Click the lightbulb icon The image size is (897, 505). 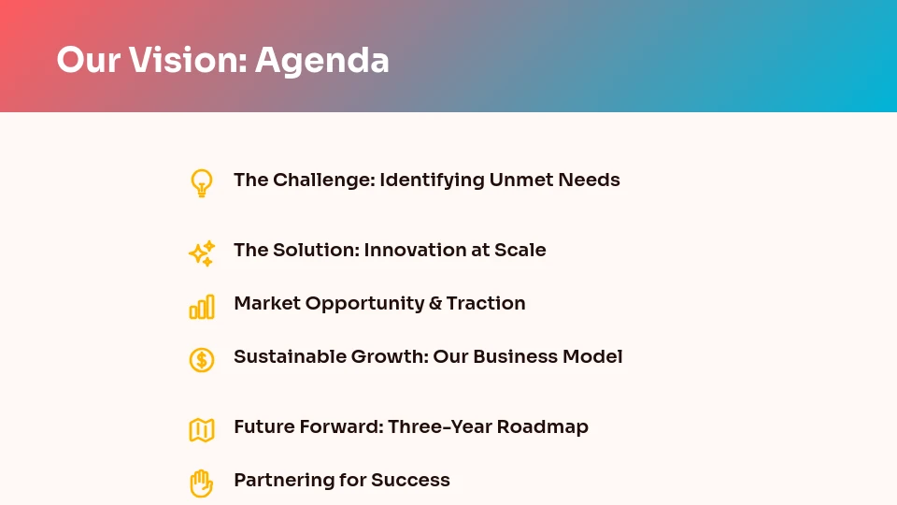click(201, 182)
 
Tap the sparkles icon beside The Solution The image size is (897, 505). click(201, 253)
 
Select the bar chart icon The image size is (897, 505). click(201, 307)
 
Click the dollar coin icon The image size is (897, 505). click(201, 359)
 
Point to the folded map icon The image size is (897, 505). click(201, 430)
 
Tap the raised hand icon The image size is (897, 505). click(201, 483)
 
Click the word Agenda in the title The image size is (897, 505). click(321, 61)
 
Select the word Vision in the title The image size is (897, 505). click(186, 61)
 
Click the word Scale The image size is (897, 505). click(521, 250)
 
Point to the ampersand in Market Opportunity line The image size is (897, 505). click(434, 304)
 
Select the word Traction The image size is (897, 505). click(486, 303)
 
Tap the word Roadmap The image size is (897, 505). click(542, 427)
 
